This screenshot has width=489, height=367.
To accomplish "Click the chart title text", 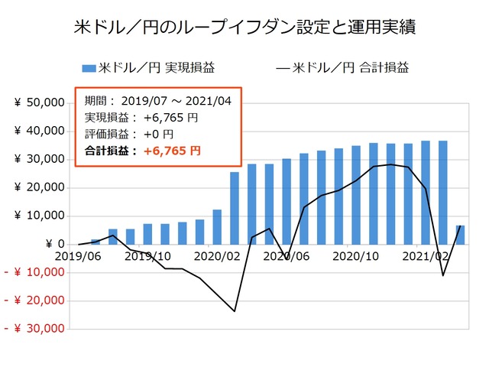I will (x=244, y=28).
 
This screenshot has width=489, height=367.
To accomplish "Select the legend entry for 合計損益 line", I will (x=342, y=68).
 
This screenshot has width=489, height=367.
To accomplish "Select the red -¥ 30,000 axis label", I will (x=37, y=329).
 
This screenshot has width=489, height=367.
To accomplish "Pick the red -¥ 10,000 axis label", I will (x=37, y=272).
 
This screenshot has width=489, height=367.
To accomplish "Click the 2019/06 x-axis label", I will (x=77, y=256).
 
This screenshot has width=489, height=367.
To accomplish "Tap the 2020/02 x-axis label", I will (x=216, y=256).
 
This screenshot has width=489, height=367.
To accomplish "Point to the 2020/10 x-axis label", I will (x=355, y=256).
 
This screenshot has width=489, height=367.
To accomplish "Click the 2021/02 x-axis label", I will (x=425, y=256).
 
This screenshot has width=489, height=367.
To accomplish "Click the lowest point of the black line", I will (x=235, y=311).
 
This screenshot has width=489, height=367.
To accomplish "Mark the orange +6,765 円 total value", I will (x=172, y=151).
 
